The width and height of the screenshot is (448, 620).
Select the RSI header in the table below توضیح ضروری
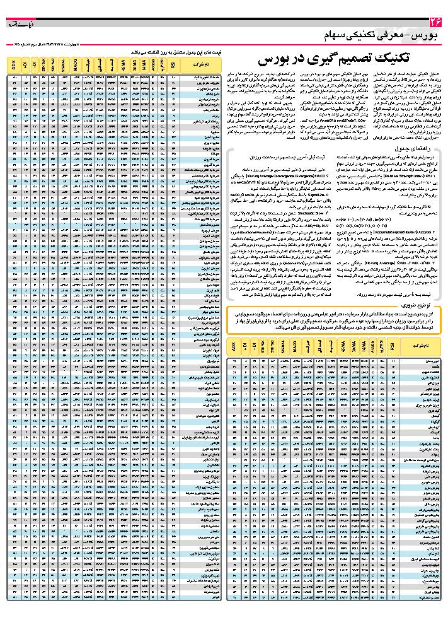[393, 346]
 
